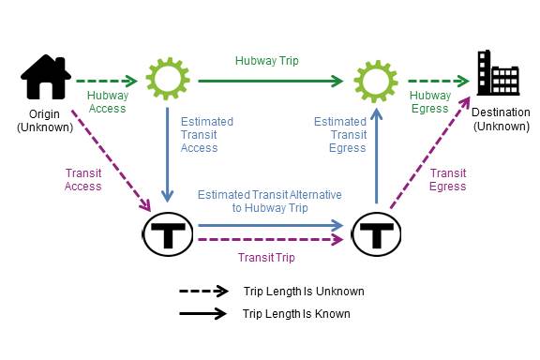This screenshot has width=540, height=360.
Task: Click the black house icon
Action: pos(46,79)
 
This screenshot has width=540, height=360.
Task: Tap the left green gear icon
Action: pos(168,80)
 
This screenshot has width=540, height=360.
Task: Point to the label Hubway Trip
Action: pos(267,60)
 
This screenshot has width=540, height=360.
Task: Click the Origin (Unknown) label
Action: pos(45,121)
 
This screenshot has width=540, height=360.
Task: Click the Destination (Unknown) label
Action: pos(495,118)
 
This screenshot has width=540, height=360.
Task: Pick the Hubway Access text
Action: pos(108,101)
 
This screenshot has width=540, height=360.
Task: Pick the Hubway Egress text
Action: pos(431,101)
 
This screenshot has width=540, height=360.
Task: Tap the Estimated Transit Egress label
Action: pos(339,135)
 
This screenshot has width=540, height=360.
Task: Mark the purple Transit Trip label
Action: pos(265,258)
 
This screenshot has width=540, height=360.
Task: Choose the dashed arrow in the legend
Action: pos(203,292)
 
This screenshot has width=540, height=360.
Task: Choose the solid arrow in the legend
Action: pos(203,313)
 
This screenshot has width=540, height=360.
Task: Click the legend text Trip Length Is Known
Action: pos(295,314)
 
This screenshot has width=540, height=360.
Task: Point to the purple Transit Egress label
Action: pos(447,179)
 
